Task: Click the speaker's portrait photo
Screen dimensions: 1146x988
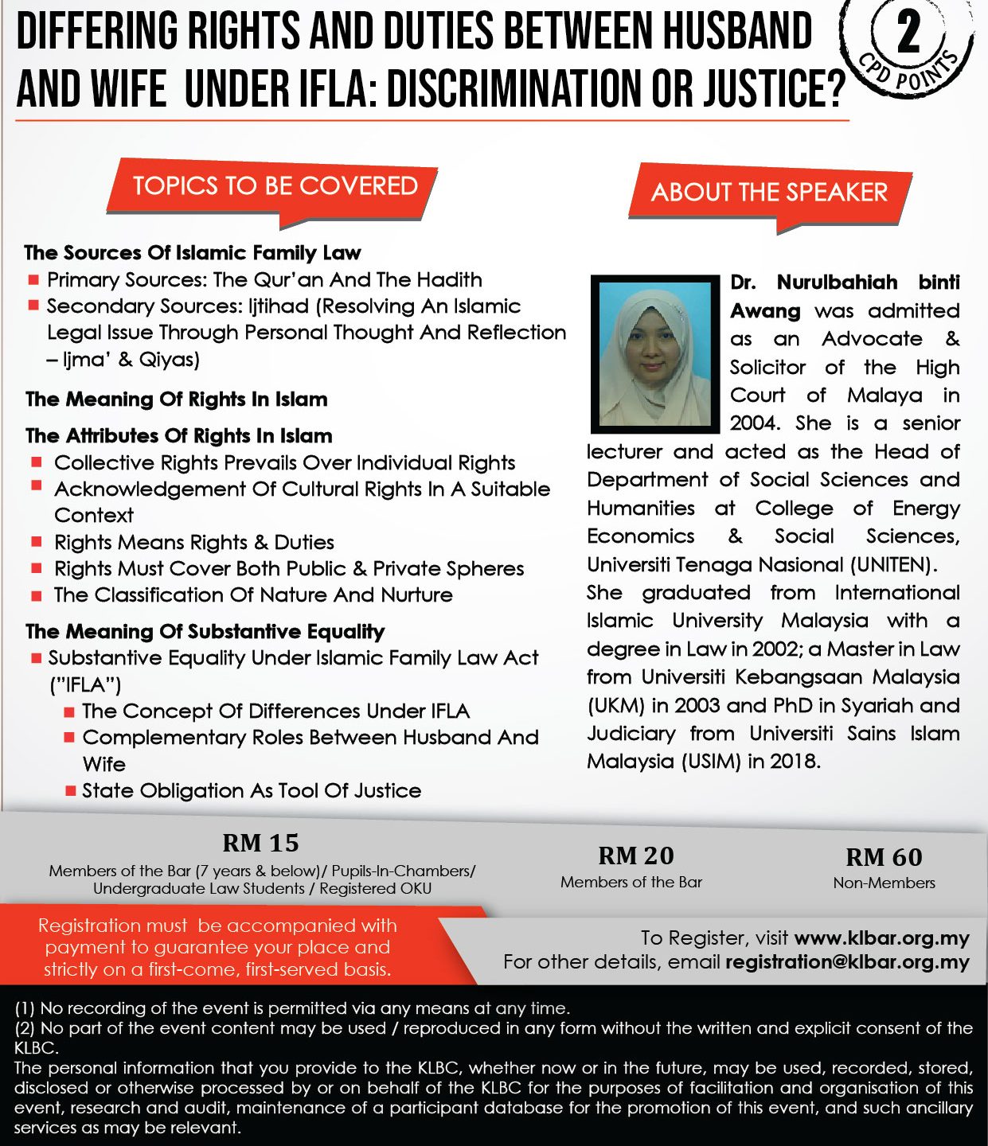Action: click(654, 353)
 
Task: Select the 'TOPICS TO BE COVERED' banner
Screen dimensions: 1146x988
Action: click(275, 186)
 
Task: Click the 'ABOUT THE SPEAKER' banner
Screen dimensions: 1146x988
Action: click(769, 193)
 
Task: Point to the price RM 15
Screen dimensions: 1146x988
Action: click(260, 843)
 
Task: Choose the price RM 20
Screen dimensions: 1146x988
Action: click(635, 856)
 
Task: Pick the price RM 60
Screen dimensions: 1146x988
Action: click(884, 857)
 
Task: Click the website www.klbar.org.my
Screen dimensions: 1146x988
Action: click(881, 938)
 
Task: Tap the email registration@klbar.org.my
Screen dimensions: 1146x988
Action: click(847, 962)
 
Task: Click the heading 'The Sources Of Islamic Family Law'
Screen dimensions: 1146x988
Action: click(193, 253)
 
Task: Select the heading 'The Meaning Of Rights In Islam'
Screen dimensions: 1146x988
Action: click(176, 399)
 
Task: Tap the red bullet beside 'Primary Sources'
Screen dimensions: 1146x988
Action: click(33, 279)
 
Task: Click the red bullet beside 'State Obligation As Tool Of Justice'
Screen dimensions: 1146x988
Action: click(70, 790)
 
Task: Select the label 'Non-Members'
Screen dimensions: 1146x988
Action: click(884, 883)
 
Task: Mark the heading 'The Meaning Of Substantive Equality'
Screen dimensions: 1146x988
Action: click(205, 632)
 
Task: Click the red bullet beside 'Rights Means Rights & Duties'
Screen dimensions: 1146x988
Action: click(37, 542)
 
